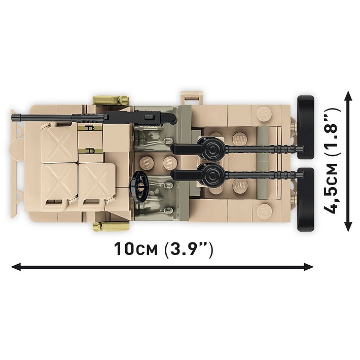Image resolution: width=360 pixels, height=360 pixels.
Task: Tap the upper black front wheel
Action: [306, 127]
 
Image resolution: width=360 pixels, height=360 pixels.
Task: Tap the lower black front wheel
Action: [306, 199]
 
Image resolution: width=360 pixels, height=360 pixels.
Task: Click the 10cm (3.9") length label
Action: [163, 249]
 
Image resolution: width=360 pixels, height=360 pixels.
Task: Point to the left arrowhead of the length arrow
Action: [16, 267]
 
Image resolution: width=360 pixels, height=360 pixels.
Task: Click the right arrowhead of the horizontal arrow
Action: [309, 267]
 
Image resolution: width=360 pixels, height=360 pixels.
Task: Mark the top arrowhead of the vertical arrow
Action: [348, 96]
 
